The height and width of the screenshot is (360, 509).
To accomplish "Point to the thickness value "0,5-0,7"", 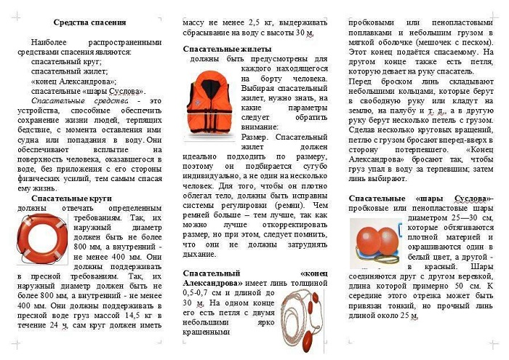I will click(x=199, y=292).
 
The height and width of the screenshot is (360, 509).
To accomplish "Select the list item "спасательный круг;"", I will click(x=66, y=63).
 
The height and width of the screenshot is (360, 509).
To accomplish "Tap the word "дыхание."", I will click(x=201, y=254).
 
